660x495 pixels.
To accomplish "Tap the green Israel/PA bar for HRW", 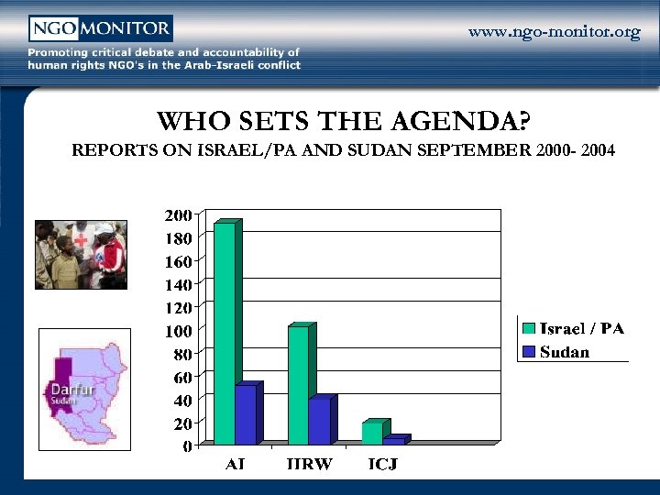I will coord(298,385).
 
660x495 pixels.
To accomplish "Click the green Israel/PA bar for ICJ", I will coord(371,433).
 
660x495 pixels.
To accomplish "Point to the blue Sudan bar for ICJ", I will coord(393,441).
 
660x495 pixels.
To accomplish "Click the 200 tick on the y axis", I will coord(178,215).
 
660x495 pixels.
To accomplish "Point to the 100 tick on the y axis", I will coord(178,330).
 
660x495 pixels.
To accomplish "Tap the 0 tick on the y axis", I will coord(186,445).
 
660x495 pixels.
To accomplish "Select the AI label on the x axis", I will coord(236,465).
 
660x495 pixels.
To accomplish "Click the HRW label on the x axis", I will coord(309,465).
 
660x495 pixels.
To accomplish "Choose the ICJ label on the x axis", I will coord(382,465).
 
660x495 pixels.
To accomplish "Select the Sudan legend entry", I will coord(565,352).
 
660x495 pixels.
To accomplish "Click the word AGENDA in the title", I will coord(442,122).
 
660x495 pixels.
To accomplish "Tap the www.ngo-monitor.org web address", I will coord(554,33).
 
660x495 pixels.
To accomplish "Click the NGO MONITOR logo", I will coord(99,28).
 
